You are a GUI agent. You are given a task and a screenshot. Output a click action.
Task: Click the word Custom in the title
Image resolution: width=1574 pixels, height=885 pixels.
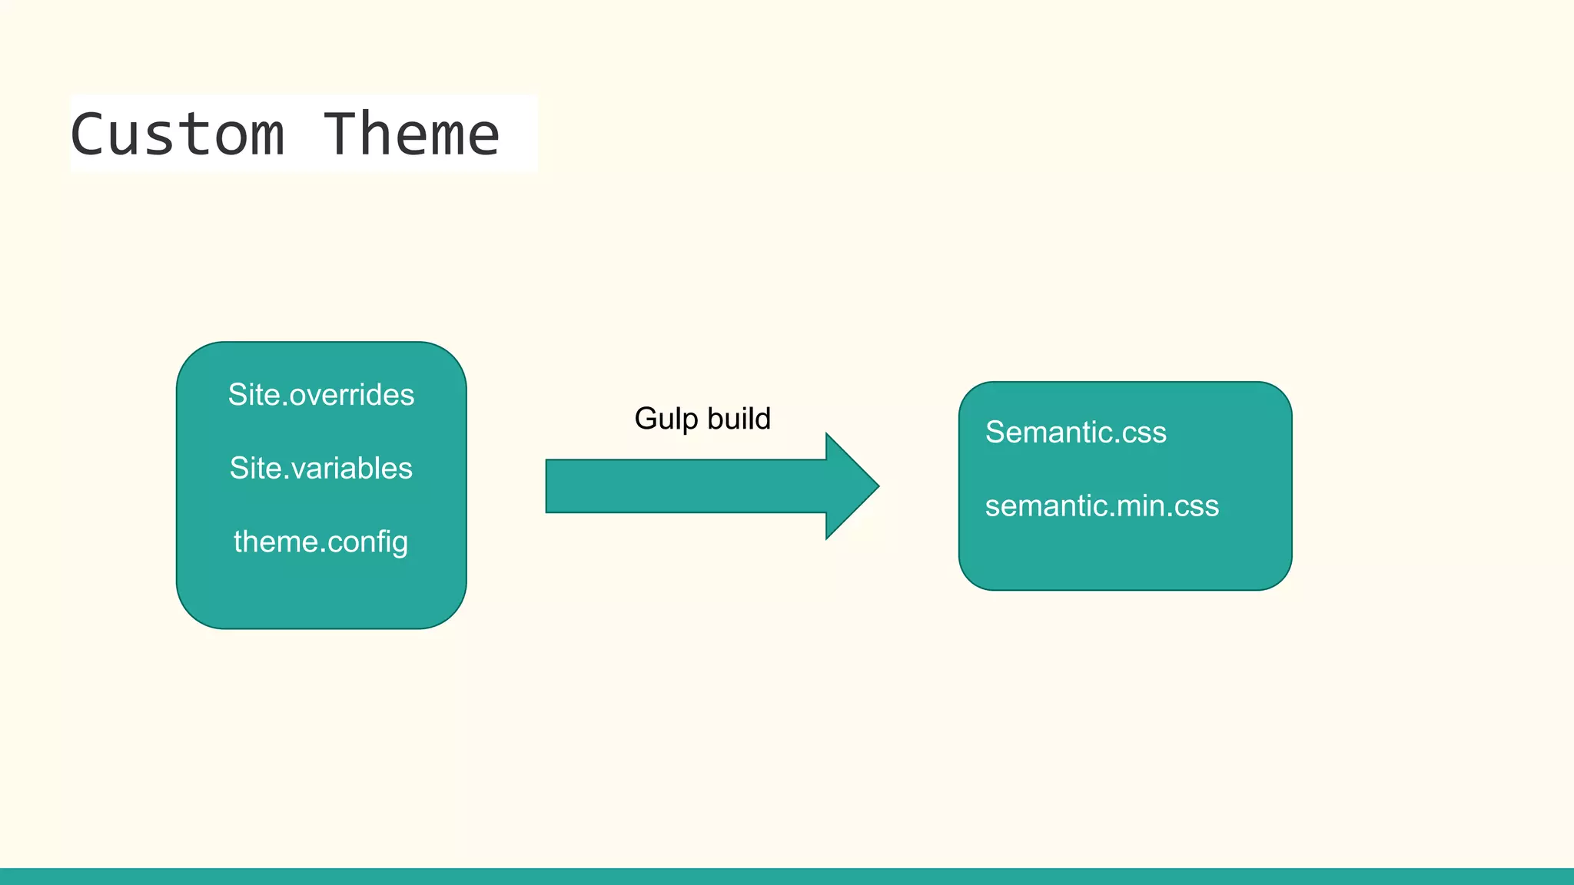(178, 134)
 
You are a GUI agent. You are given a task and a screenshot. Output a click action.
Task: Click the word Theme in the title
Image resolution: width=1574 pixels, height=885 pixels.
(411, 134)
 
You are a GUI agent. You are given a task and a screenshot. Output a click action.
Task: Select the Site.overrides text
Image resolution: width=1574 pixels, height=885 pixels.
(320, 395)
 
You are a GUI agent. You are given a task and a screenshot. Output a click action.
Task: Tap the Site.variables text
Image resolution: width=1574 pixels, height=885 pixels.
(320, 469)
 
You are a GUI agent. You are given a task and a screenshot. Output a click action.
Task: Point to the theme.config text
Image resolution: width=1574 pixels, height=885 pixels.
(320, 542)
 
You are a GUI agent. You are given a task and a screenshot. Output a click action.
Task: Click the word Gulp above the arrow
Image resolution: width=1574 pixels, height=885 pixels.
(666, 419)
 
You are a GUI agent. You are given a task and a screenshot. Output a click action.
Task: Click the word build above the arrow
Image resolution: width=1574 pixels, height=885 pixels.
(739, 419)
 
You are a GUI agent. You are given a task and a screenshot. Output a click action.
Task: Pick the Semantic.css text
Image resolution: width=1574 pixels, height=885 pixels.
(1075, 433)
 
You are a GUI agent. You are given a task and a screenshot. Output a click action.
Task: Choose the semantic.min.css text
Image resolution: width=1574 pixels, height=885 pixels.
(1101, 506)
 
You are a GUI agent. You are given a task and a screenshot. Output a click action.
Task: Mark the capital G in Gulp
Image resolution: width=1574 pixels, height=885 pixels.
(646, 419)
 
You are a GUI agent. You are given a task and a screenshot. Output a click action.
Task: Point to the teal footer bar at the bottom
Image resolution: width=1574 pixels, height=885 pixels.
(787, 877)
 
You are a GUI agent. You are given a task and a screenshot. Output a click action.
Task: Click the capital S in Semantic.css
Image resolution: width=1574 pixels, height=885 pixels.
(995, 433)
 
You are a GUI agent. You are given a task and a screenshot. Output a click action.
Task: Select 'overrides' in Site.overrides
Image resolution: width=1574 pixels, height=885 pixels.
(352, 395)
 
